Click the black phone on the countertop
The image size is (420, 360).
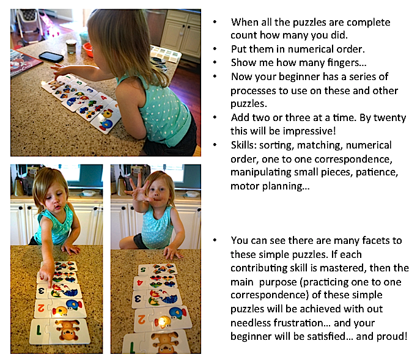pos(51,56)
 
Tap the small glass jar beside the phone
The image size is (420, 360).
pos(71,46)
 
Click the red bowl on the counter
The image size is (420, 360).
pos(87,50)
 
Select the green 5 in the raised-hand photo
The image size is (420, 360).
pos(143,270)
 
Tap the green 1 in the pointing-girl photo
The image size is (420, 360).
pos(39,330)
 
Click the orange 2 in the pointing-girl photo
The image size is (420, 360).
pos(41,308)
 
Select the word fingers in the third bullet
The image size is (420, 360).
pos(347,63)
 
